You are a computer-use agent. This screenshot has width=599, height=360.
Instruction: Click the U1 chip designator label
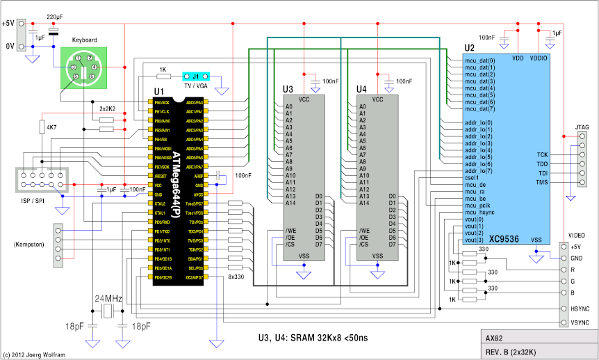[x=158, y=91]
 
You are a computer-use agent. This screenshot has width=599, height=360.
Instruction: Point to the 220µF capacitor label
[x=56, y=15]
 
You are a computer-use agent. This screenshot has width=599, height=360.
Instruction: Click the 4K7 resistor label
[x=51, y=127]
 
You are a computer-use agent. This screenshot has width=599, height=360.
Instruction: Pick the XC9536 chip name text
[x=504, y=239]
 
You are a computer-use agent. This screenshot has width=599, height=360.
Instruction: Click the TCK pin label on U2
[x=542, y=154]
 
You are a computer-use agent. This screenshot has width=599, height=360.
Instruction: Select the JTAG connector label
[x=582, y=127]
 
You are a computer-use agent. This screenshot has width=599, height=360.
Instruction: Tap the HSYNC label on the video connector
[x=580, y=308]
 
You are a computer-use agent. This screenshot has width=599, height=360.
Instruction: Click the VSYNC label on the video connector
[x=580, y=322]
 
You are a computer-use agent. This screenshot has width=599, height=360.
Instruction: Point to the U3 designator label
[x=288, y=90]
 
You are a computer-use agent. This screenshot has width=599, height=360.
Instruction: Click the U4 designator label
[x=362, y=90]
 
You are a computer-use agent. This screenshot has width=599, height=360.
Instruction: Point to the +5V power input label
[x=8, y=23]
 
